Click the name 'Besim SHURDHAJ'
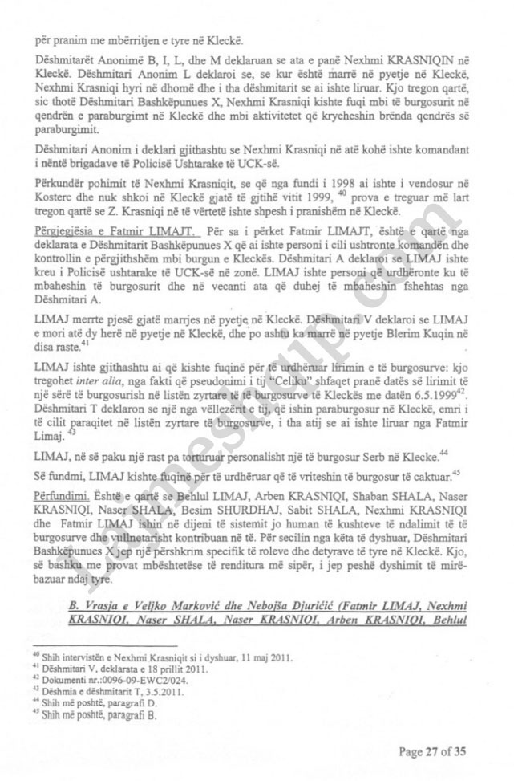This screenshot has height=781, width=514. [238, 500]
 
